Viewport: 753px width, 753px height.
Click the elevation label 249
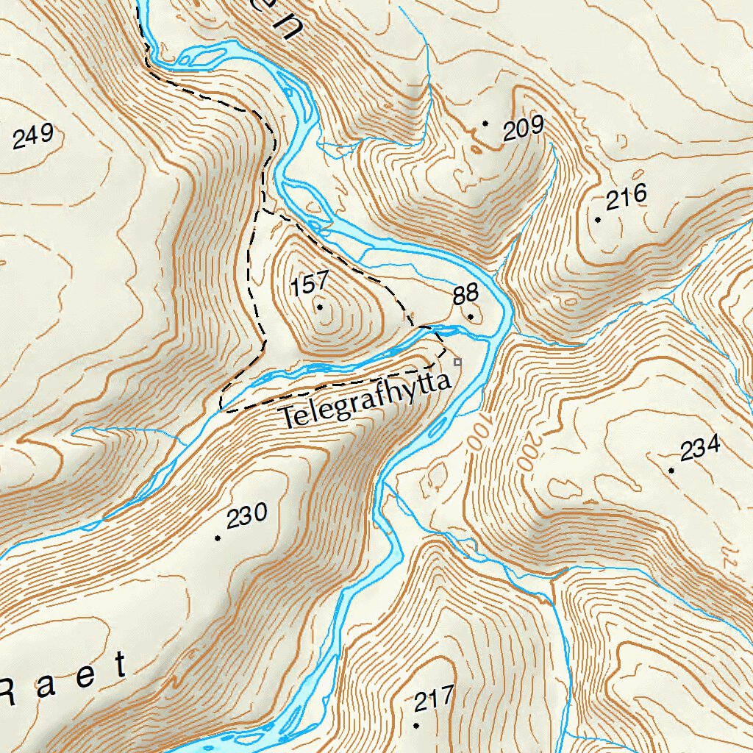coord(34,136)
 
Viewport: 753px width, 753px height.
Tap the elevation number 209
coord(523,129)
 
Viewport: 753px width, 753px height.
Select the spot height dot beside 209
coord(485,124)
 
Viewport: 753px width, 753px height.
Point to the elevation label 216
coord(626,197)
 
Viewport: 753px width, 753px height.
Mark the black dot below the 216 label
coord(598,220)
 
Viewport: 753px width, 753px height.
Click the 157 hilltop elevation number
coord(307,284)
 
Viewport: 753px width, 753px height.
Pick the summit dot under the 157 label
coord(320,307)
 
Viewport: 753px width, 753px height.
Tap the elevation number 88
coord(465,296)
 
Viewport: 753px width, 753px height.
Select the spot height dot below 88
coord(471,317)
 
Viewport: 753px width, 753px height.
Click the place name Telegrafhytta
coord(365,403)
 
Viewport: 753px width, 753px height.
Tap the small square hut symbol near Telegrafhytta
coord(457,362)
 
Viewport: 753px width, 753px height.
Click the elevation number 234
coord(700,448)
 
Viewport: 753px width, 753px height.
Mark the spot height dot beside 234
coord(671,470)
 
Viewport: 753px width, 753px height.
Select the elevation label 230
coord(246,517)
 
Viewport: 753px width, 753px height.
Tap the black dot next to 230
coord(218,538)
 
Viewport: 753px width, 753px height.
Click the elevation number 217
coord(434,699)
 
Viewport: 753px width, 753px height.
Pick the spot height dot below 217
coord(416,725)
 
